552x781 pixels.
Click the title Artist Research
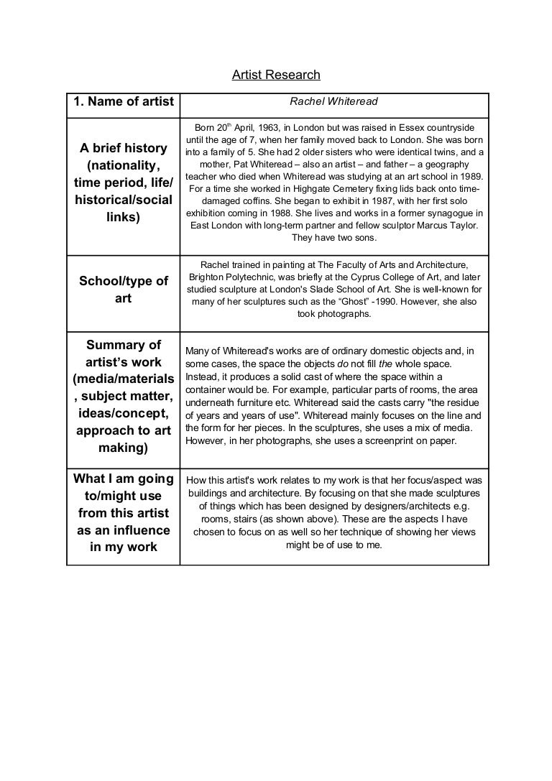pyautogui.click(x=276, y=75)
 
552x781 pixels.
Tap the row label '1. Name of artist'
pyautogui.click(x=123, y=102)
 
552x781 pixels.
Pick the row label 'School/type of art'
pyautogui.click(x=123, y=290)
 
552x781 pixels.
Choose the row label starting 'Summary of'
pyautogui.click(x=123, y=344)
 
